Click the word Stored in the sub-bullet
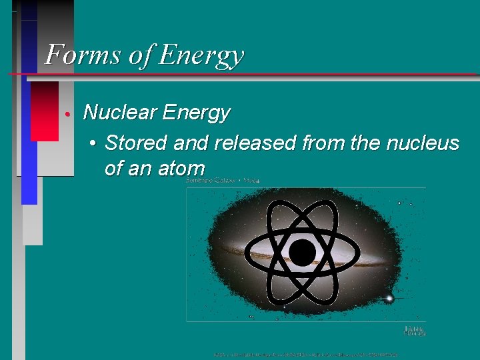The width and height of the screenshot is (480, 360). (x=133, y=143)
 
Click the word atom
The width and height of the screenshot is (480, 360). (x=181, y=169)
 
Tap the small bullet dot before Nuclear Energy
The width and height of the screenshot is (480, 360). (x=69, y=114)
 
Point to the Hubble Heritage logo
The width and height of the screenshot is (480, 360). (x=415, y=330)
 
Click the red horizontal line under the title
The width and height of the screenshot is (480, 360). (x=267, y=74)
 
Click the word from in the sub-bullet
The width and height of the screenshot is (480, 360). (x=323, y=143)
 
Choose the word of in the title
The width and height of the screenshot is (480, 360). (x=141, y=55)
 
